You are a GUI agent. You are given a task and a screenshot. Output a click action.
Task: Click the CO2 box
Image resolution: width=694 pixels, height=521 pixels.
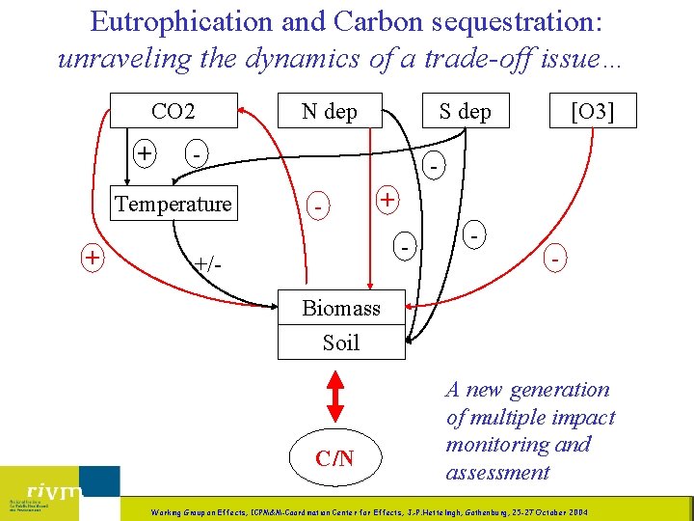[x=173, y=111]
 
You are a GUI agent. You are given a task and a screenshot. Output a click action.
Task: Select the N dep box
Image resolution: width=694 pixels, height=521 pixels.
[x=329, y=111]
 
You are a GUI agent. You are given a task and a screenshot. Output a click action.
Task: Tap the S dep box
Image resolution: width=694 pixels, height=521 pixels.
[x=465, y=111]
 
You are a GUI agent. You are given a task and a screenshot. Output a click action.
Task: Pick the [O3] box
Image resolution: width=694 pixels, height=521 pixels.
[x=591, y=111]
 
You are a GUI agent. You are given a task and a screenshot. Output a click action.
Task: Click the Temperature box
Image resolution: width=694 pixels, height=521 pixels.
[x=173, y=204]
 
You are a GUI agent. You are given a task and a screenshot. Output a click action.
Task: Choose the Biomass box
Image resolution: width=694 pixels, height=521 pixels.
[x=341, y=308]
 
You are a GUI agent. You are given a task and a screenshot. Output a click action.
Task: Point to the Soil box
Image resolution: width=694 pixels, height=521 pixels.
[x=341, y=343]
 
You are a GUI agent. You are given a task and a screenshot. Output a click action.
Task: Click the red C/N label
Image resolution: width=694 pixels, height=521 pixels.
[x=334, y=457]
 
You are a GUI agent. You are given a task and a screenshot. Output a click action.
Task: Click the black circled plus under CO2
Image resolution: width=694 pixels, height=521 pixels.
[x=146, y=152]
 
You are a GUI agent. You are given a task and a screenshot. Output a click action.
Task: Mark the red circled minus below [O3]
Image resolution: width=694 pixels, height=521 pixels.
[x=554, y=260]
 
